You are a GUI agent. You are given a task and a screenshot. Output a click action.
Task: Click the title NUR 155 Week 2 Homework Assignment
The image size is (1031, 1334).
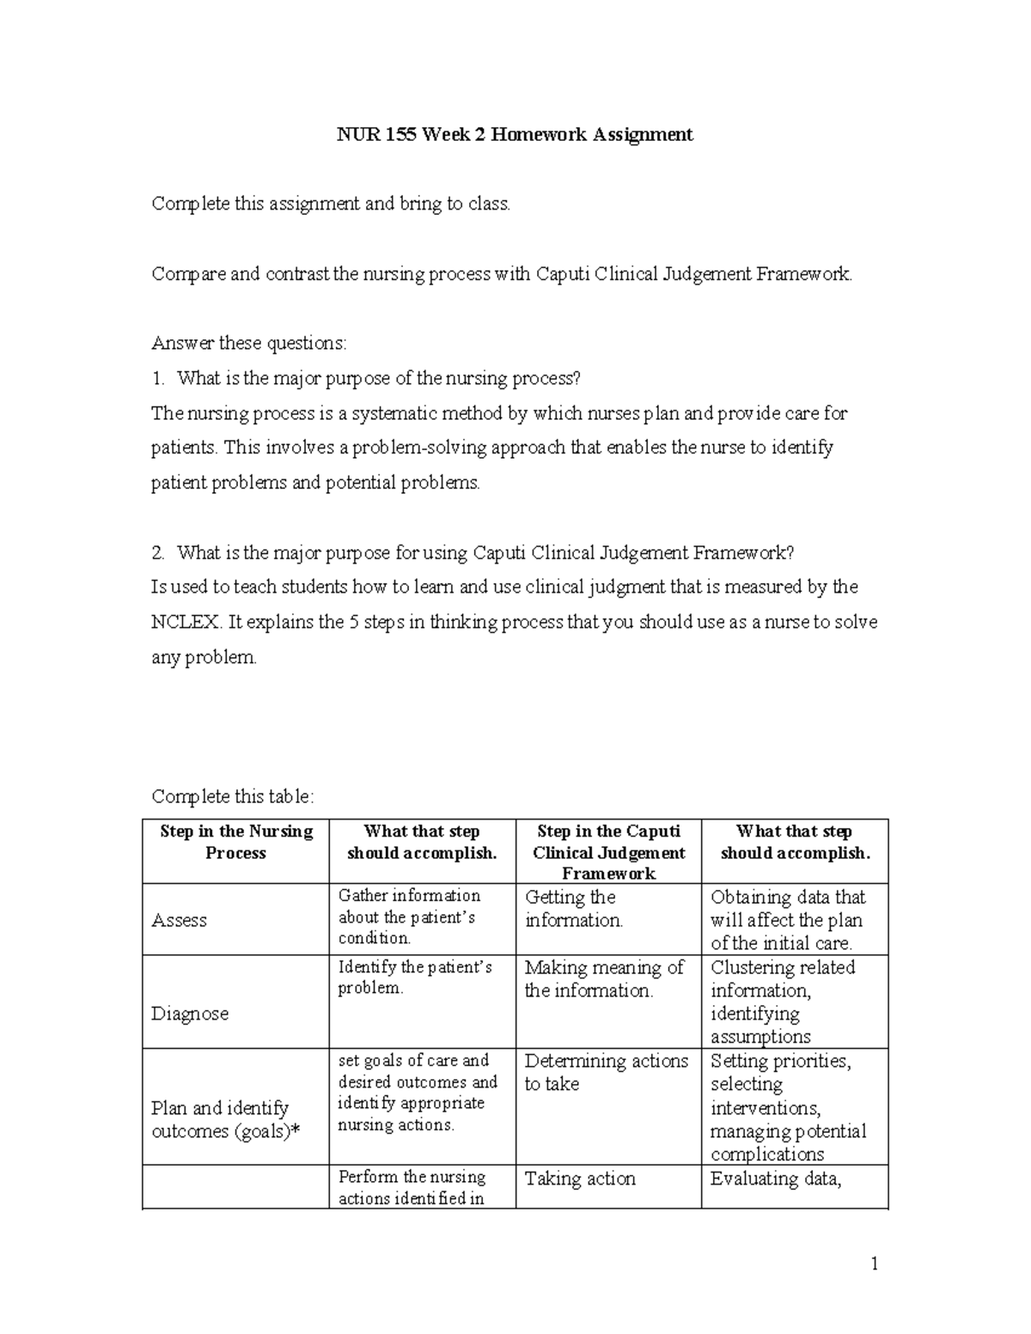tap(514, 135)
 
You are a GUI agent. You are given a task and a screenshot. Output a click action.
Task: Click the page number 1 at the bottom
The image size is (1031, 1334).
tap(875, 1264)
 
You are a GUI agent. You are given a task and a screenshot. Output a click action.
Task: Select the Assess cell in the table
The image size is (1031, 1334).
tap(180, 920)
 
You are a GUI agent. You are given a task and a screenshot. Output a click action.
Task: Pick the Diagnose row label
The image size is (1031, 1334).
tap(190, 1014)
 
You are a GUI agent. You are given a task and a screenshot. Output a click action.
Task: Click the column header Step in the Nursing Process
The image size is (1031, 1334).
tap(236, 842)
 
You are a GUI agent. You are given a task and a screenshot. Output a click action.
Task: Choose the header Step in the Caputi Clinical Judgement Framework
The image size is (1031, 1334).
tap(608, 852)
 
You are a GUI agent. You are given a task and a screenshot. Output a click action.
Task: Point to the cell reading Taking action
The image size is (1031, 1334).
tap(580, 1179)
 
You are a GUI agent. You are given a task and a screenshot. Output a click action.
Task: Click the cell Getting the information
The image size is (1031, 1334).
tap(573, 909)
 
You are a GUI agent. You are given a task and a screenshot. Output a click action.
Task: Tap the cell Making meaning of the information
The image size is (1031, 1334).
tap(603, 979)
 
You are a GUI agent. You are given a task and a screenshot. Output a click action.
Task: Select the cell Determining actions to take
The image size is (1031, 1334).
tap(606, 1073)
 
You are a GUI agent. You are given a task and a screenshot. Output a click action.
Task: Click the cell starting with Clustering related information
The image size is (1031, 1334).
tap(782, 1002)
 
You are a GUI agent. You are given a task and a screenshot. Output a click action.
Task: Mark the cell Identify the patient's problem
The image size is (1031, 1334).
tap(414, 978)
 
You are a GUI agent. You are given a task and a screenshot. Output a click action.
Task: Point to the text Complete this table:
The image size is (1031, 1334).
tap(233, 796)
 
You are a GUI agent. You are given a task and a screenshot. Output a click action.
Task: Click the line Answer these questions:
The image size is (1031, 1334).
tap(249, 344)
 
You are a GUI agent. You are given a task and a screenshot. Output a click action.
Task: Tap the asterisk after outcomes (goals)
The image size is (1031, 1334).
tap(296, 1132)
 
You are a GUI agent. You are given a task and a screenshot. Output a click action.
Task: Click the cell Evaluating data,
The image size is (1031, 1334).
tap(775, 1179)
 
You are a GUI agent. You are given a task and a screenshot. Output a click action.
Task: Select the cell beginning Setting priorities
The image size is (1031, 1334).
tap(787, 1107)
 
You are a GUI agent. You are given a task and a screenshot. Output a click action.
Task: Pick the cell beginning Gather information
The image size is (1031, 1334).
tap(409, 917)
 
